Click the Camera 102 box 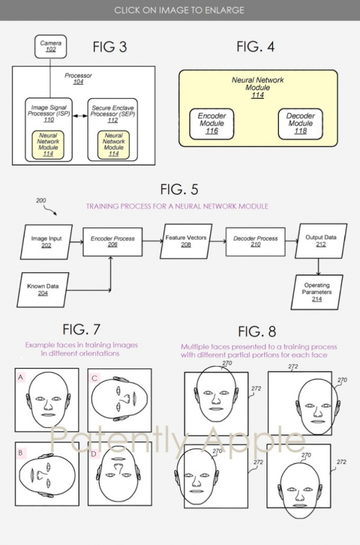coord(51,46)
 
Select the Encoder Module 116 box coord(211,123)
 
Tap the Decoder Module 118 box coord(300,123)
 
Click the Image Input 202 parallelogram coord(46,242)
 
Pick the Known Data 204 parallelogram coord(43,290)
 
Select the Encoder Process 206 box coord(112,242)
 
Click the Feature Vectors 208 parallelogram coord(186,241)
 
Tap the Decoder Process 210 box coord(255,242)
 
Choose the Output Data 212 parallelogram coord(321,241)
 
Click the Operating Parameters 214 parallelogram coord(316,292)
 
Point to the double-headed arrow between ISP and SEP coord(80,115)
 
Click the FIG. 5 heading coord(179,189)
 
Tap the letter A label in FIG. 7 coord(21,377)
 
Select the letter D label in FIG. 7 coord(94,453)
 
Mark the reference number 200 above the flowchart coord(41,201)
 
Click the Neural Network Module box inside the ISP coord(48,145)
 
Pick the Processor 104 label coord(78,79)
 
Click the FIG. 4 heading coord(256,47)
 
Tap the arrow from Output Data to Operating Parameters coord(318,267)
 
